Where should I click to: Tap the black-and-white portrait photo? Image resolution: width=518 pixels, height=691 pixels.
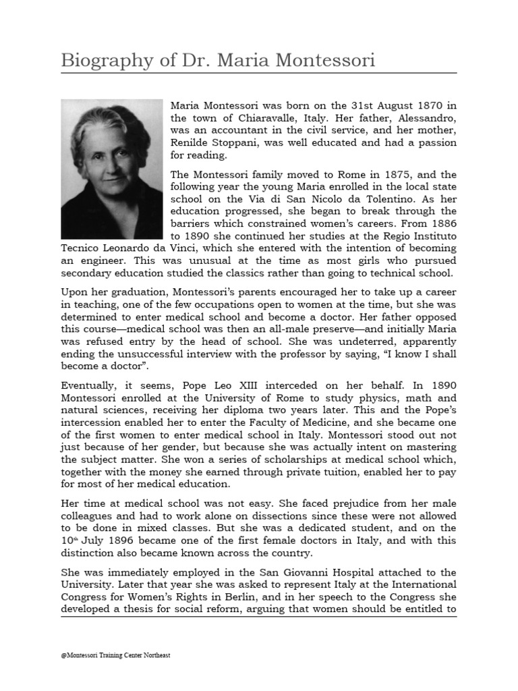point(112,169)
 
